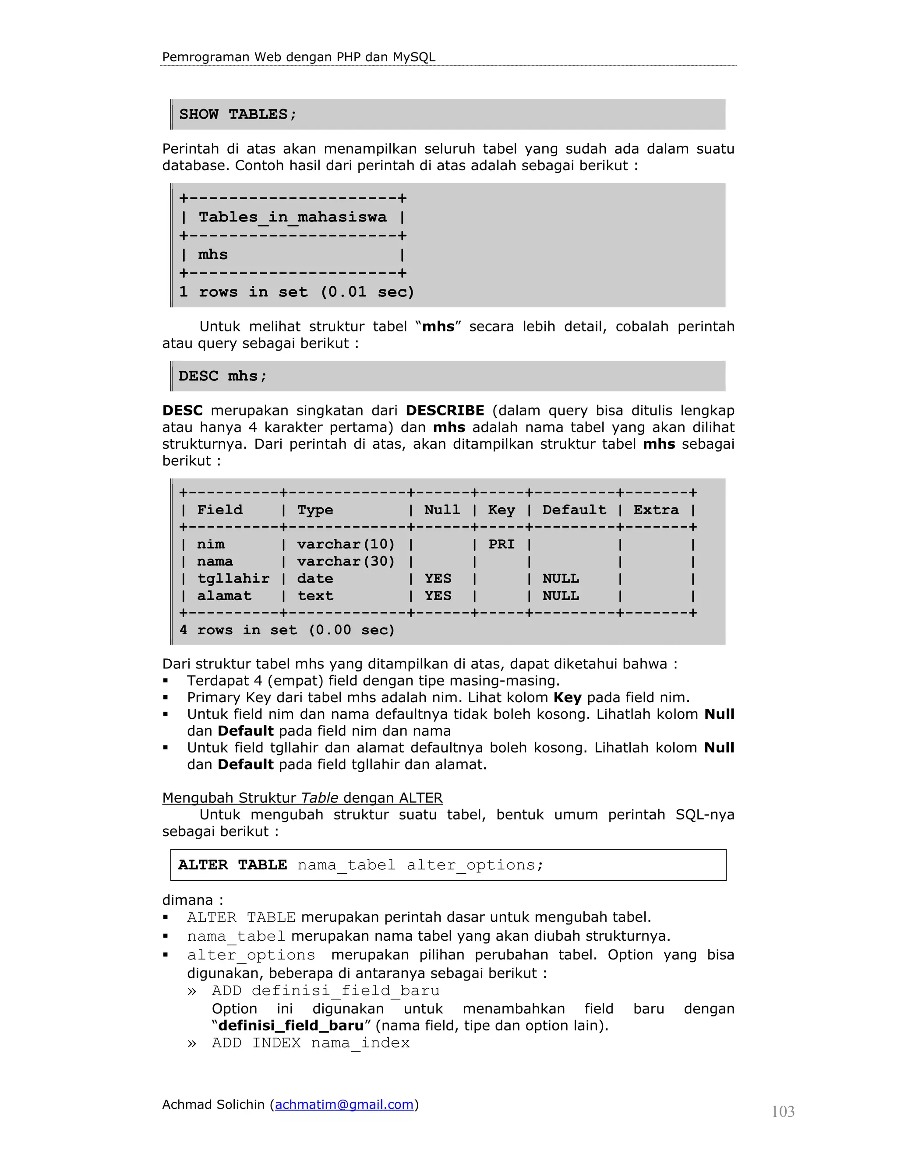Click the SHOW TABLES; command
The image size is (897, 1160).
[x=237, y=114]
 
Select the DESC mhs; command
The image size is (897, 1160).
[x=222, y=376]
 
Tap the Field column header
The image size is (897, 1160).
[x=219, y=510]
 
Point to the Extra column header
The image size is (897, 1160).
[x=656, y=510]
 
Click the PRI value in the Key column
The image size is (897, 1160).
[x=501, y=545]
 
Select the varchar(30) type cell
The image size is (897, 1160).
[x=346, y=562]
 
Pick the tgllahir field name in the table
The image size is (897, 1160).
[x=233, y=578]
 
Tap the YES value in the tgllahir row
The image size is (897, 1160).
[x=438, y=578]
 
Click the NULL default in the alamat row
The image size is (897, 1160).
[x=561, y=596]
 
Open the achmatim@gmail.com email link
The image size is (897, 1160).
[x=344, y=1105]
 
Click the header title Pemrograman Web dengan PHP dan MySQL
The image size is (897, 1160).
[x=299, y=57]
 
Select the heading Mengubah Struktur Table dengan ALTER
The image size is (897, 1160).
[x=302, y=798]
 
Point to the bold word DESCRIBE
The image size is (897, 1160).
[x=445, y=411]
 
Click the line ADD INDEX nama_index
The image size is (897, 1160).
[x=311, y=1043]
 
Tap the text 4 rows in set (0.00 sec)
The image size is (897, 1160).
[x=287, y=630]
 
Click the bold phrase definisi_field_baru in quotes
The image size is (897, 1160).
[x=291, y=1025]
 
